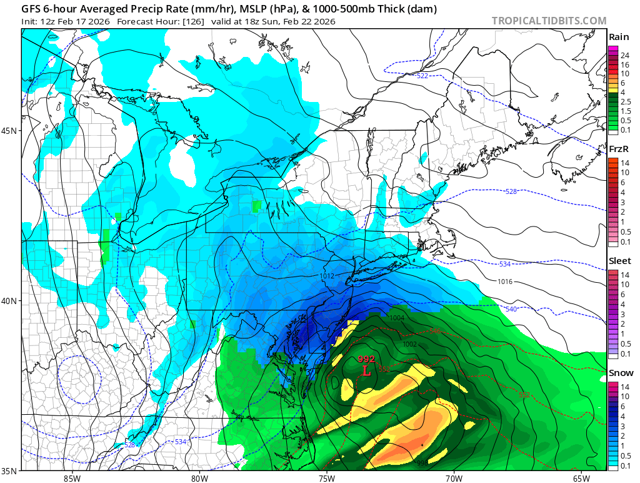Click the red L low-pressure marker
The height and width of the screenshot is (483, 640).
tap(367, 370)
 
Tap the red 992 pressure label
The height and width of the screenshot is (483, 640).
tap(366, 359)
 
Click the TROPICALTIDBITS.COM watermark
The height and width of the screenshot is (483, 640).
tap(549, 21)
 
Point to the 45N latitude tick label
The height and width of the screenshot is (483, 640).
tap(10, 131)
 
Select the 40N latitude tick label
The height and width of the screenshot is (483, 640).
tap(10, 301)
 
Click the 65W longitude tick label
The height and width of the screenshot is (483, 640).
tap(580, 478)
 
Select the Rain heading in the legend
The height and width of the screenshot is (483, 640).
tap(618, 37)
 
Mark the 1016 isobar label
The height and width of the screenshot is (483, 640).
tap(506, 282)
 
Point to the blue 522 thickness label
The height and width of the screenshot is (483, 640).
tap(422, 76)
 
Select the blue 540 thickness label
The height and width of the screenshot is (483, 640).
tap(511, 309)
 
